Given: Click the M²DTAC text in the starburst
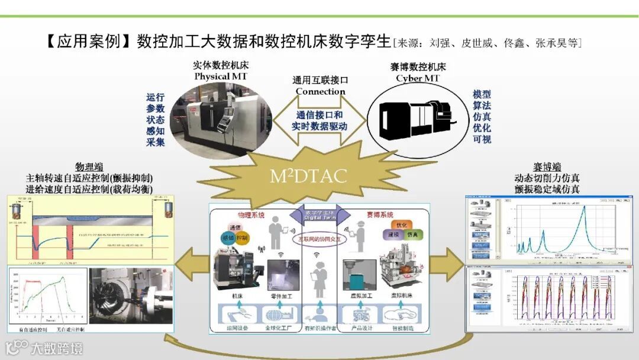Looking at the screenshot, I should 308,176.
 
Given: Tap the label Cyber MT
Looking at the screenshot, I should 418,78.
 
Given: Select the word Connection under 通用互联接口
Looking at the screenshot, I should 320,91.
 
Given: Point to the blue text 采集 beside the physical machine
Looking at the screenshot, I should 156,142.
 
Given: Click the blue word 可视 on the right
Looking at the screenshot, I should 482,139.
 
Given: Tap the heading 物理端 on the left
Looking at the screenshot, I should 89,166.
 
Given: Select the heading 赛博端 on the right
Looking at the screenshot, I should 547,166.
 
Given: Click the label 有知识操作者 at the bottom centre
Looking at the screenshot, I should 319,328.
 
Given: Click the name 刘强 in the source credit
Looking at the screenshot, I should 438,43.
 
